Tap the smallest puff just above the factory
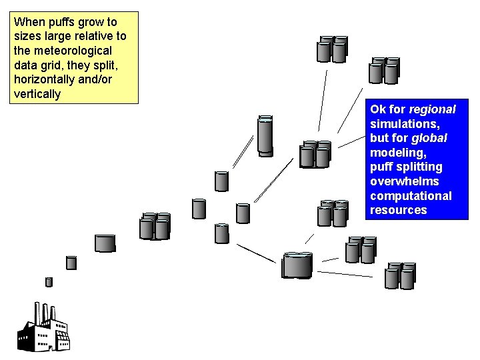49,281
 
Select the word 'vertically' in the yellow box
37,94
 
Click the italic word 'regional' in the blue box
432,109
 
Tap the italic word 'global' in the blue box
429,138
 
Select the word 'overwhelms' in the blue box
405,181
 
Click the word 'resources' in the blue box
398,210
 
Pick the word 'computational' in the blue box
411,196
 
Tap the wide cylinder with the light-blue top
297,265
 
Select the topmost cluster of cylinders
332,49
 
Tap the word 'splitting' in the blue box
419,167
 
